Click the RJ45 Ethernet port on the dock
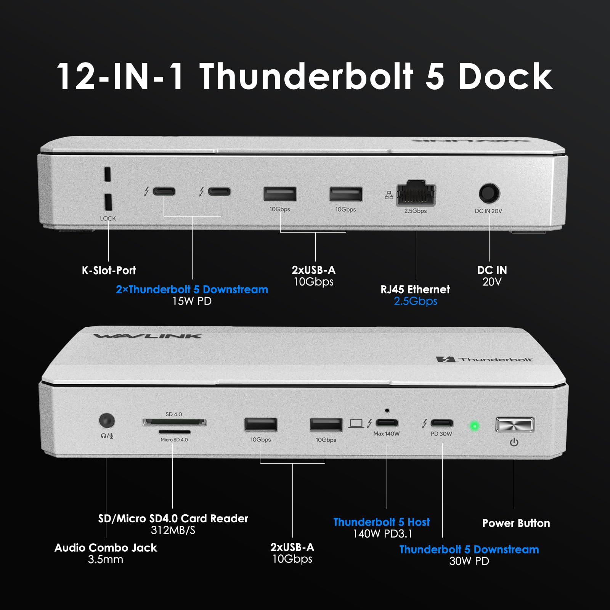(416, 193)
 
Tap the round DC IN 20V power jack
(489, 193)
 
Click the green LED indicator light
(474, 425)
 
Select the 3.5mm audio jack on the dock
(107, 421)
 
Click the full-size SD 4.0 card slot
(175, 422)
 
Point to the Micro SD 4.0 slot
(174, 432)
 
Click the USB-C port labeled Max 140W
(387, 423)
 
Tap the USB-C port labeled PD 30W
(442, 423)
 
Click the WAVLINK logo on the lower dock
(148, 336)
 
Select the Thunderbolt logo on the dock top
(484, 359)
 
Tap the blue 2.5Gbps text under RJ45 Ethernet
(415, 301)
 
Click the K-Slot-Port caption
(109, 270)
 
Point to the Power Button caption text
(516, 523)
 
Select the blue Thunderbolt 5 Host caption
(381, 522)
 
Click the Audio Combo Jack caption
(106, 548)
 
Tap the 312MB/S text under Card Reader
(173, 530)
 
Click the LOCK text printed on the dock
(108, 218)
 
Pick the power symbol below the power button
(514, 442)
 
